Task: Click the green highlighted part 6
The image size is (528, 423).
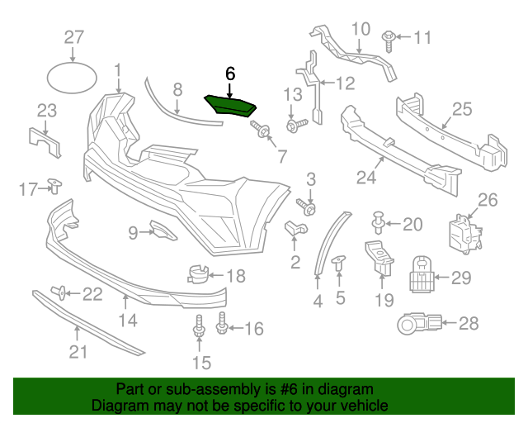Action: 231,105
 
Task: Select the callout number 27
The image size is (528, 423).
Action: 74,36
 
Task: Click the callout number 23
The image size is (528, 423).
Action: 46,111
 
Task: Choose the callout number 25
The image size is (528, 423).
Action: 461,108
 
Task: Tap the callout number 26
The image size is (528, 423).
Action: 488,199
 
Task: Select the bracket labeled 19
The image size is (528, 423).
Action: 379,257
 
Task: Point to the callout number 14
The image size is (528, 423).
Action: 129,321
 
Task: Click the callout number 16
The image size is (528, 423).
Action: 253,329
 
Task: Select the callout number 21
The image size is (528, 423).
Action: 77,354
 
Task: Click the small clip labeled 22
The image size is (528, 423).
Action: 60,291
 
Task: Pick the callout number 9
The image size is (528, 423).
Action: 133,234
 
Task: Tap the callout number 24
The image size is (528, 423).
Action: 366,176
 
